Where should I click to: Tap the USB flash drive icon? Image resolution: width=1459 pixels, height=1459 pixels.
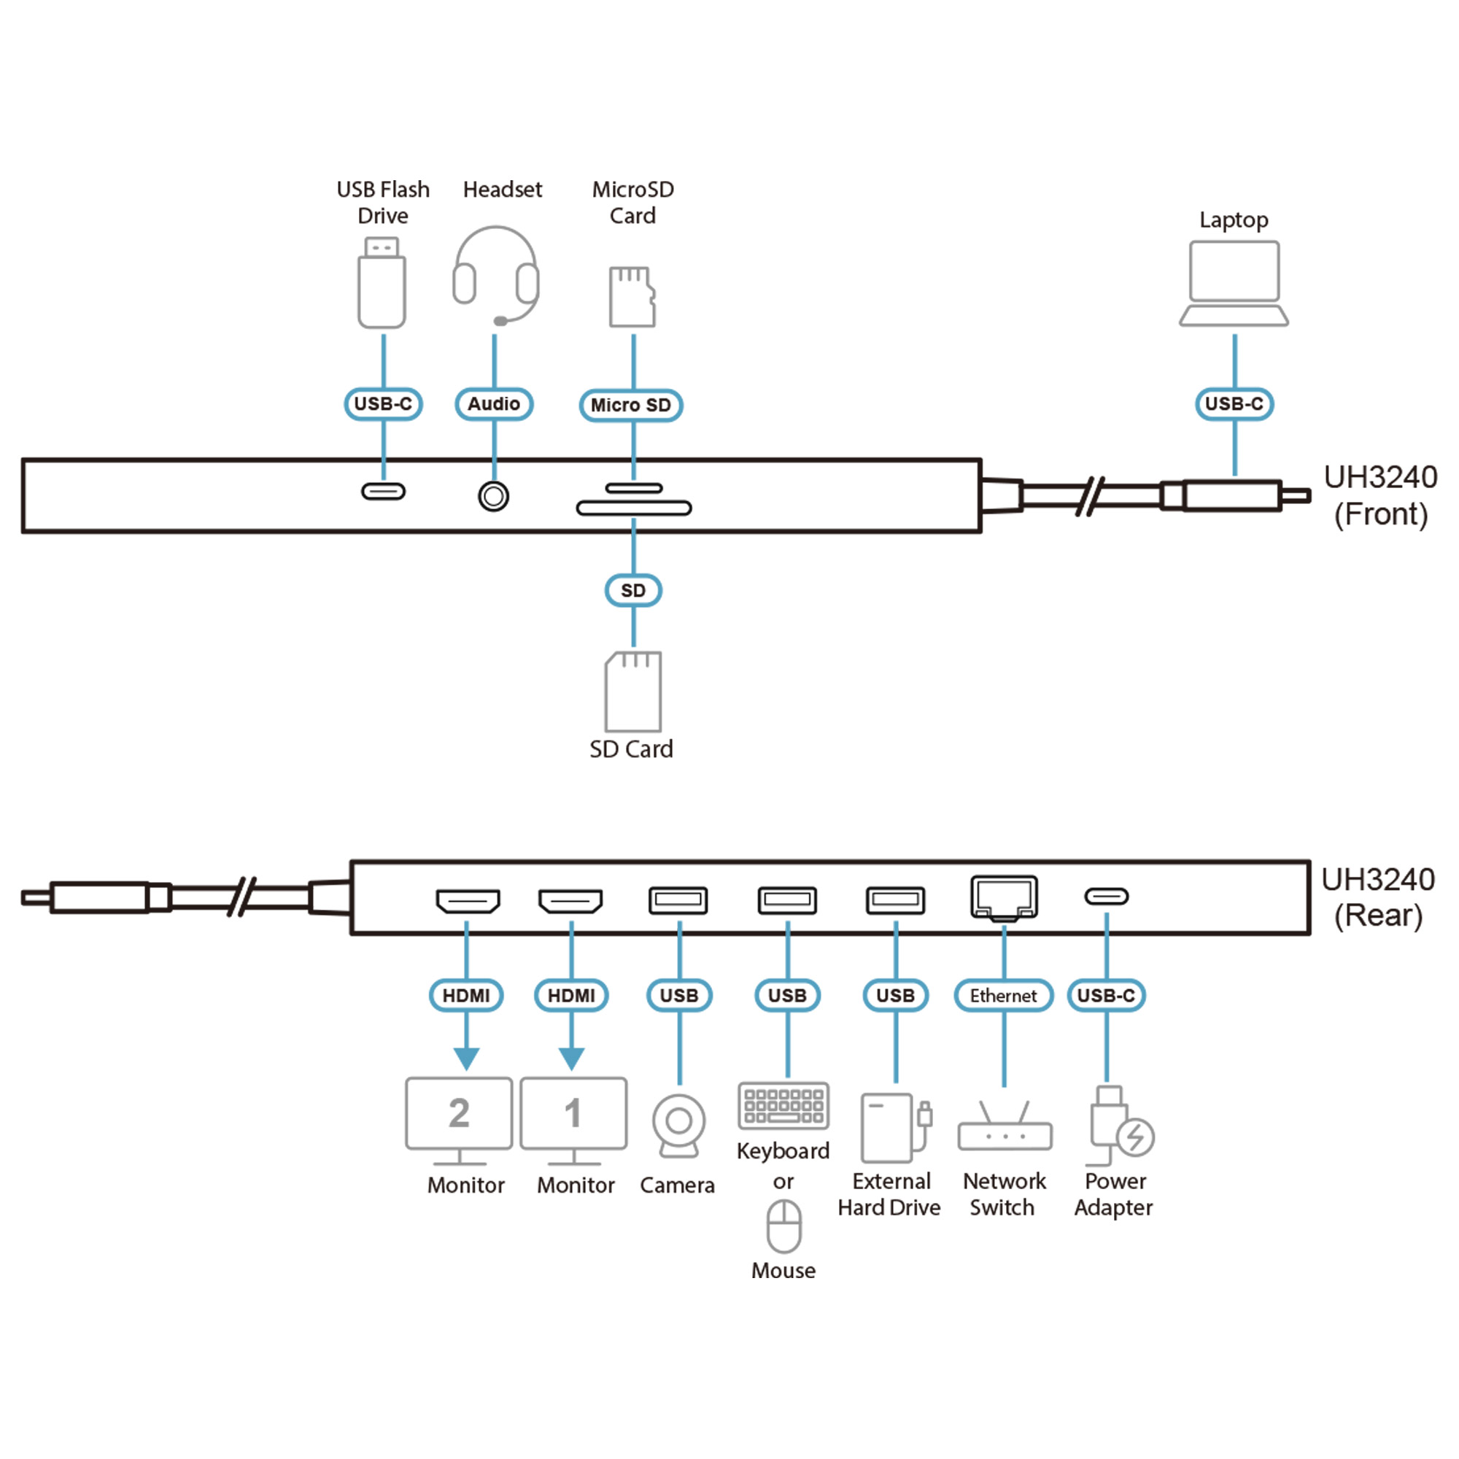click(x=382, y=284)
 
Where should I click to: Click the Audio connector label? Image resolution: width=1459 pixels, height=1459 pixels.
click(x=494, y=404)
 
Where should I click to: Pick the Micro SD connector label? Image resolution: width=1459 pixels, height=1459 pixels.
click(x=630, y=406)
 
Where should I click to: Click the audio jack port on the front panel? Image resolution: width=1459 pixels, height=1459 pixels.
click(x=494, y=496)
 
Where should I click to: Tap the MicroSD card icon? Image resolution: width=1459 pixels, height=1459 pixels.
click(x=632, y=297)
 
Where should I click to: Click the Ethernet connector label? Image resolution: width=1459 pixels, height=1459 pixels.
click(x=1003, y=995)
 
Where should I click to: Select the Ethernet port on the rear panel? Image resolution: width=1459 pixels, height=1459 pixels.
click(x=1004, y=898)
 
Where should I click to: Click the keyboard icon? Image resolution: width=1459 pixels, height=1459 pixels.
click(x=783, y=1106)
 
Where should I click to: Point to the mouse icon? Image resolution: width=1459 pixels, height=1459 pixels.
click(x=784, y=1227)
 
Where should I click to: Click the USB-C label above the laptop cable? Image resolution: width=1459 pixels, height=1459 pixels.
click(x=1234, y=404)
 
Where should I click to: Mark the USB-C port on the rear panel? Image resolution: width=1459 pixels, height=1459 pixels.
click(x=1107, y=897)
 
